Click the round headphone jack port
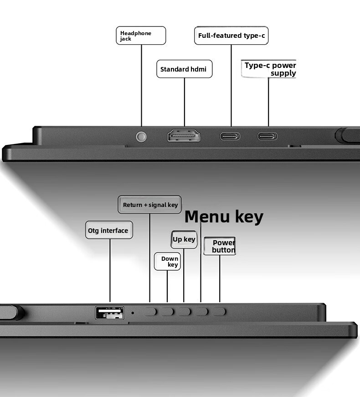coord(141,137)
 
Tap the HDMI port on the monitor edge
coord(184,136)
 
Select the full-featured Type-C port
coord(230,136)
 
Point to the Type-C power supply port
coord(267,136)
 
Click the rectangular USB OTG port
coord(110,313)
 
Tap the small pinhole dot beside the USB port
coord(133,313)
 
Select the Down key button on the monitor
coord(167,312)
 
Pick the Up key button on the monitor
coord(184,312)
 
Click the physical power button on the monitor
coord(219,312)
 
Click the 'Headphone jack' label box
coord(141,36)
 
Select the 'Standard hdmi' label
coord(184,69)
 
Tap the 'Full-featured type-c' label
coord(231,36)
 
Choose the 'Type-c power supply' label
coord(269,69)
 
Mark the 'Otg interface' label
coord(109,230)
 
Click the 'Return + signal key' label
coord(149,204)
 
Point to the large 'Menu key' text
coord(224,217)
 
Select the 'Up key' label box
coord(184,239)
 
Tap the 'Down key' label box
coord(167,261)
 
